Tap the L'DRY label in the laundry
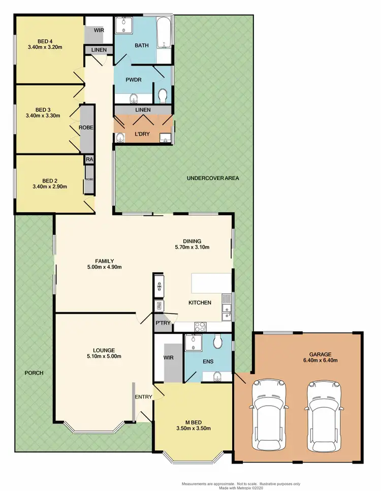[142, 134]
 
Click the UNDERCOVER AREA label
[212, 178]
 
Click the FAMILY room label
[104, 260]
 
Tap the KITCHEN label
[200, 303]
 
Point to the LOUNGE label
[104, 350]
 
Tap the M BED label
[192, 421]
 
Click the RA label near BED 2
[89, 160]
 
